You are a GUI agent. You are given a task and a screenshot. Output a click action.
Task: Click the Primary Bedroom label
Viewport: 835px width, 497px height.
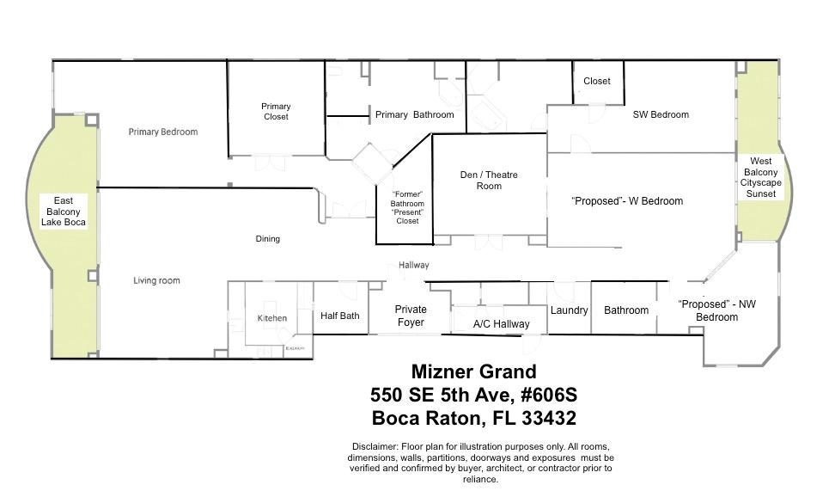click(163, 132)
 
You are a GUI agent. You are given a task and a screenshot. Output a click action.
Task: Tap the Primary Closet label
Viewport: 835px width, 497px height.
click(276, 111)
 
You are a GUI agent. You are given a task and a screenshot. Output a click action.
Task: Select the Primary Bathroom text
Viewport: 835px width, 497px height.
click(414, 114)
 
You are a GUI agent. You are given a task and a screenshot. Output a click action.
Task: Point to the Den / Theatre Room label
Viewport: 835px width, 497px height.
click(489, 180)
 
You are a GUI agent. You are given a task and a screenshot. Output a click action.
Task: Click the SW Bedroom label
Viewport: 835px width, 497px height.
click(660, 114)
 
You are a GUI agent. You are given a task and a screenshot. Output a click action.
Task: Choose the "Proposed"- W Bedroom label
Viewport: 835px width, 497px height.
click(627, 201)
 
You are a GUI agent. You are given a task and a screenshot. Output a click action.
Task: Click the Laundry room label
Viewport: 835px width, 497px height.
click(569, 310)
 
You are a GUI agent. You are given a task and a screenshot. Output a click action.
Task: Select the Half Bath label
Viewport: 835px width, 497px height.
click(339, 316)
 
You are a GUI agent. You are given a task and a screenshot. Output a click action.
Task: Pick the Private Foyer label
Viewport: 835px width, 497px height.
click(411, 316)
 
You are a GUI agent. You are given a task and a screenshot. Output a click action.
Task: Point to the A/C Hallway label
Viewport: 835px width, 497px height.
click(502, 324)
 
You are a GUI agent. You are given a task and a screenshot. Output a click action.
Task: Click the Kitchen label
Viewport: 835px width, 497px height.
click(272, 318)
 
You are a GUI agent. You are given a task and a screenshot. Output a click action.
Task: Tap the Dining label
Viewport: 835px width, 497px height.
click(268, 239)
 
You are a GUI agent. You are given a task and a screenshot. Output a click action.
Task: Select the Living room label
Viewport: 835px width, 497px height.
click(156, 280)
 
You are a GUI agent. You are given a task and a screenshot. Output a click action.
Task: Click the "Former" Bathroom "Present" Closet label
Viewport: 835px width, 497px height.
click(407, 206)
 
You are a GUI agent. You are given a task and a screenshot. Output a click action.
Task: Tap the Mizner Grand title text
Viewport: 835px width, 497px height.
click(473, 372)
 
